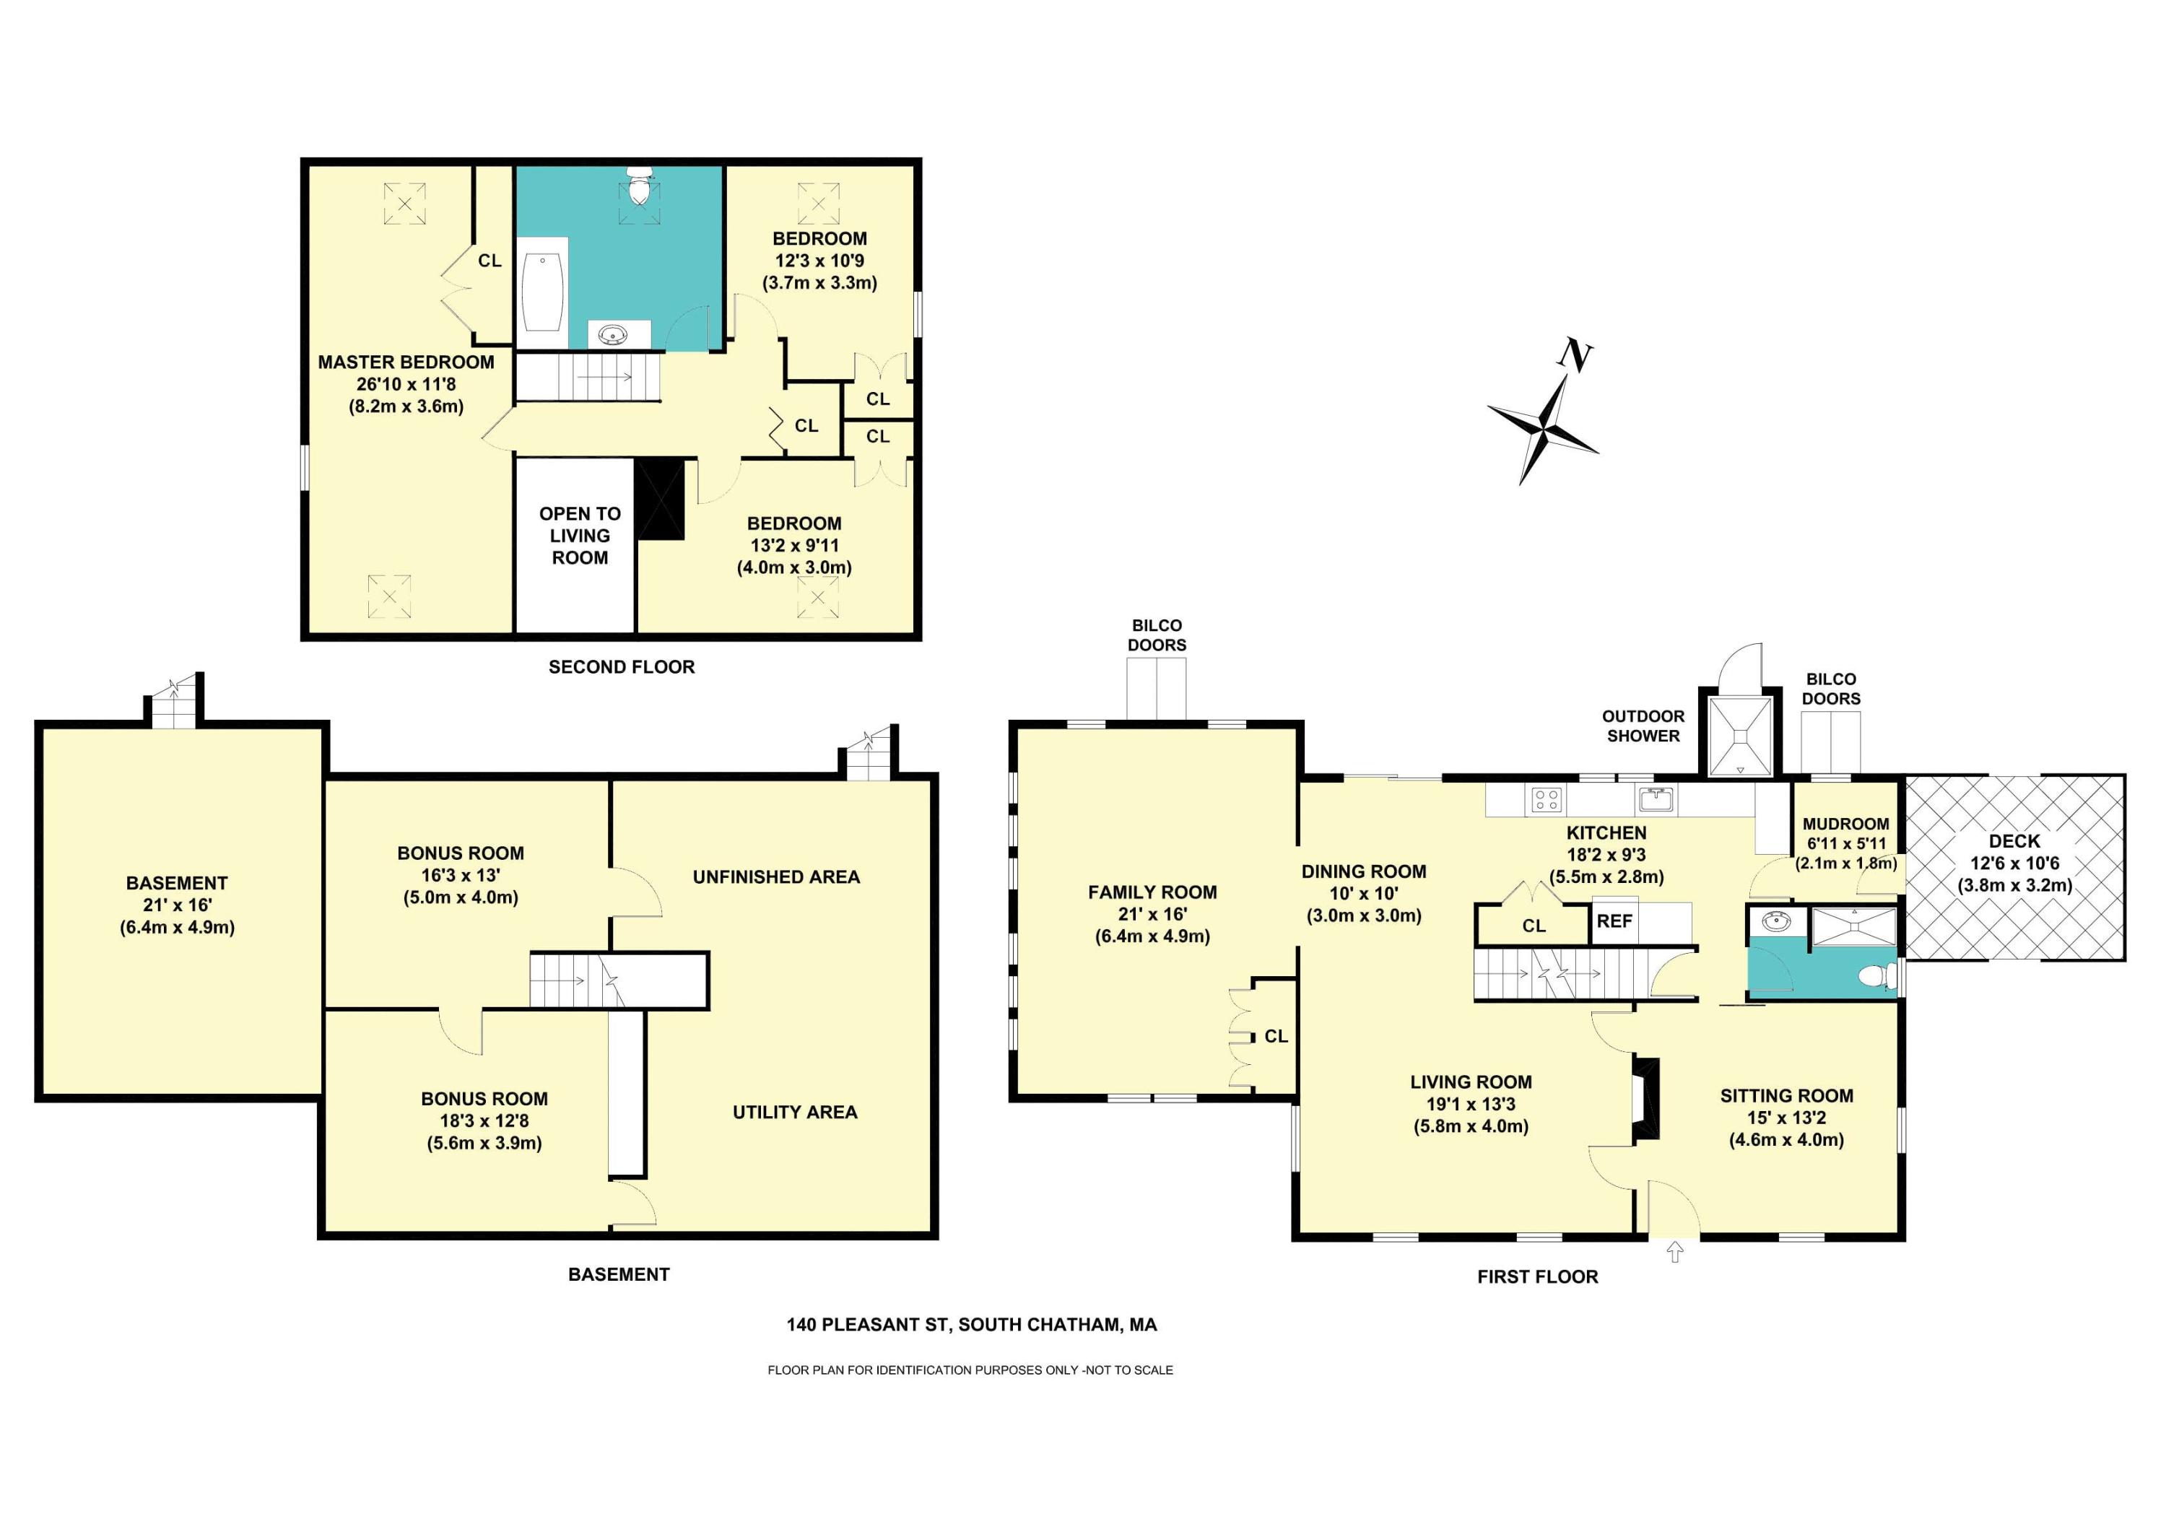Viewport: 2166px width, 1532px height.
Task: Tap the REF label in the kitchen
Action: pos(1614,920)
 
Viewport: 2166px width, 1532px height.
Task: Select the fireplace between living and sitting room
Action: pos(1645,1099)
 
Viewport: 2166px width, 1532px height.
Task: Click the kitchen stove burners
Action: pos(1547,800)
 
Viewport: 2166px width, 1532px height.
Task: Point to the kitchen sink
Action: pos(1656,800)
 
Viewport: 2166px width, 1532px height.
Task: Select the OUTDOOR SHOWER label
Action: pos(1643,726)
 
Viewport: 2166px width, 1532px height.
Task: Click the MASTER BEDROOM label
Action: pos(406,362)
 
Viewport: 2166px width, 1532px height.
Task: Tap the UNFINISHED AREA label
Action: pos(776,877)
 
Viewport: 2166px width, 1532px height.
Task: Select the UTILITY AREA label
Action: pos(795,1113)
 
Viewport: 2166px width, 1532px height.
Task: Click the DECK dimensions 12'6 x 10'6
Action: pos(2014,863)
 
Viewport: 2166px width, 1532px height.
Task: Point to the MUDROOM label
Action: pos(1845,824)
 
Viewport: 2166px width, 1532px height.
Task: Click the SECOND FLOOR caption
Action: pos(622,667)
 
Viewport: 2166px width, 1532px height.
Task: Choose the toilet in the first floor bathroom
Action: pos(1878,976)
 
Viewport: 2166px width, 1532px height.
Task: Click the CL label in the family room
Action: pos(1276,1037)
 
